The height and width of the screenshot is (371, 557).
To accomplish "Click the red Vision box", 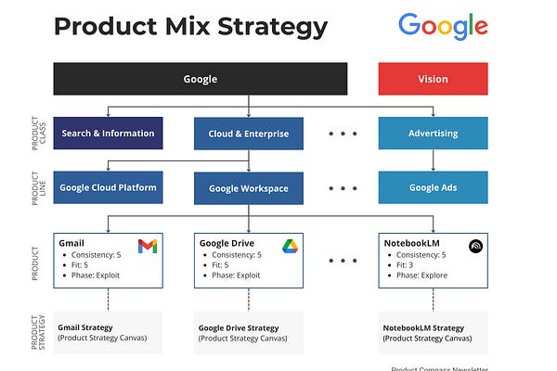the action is [433, 79].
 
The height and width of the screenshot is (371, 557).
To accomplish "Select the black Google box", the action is [200, 79].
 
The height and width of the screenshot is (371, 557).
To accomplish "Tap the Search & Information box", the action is [108, 134].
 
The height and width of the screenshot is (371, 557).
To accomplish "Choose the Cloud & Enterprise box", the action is [248, 134].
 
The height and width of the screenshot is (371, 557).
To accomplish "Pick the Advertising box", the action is [433, 134].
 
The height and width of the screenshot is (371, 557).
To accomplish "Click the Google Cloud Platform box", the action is [108, 187].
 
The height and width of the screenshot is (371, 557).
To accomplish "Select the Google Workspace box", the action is [248, 188].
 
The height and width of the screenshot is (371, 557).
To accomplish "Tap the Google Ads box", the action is [433, 187].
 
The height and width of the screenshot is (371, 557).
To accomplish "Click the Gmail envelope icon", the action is [148, 246].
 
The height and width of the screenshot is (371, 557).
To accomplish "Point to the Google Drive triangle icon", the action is [288, 246].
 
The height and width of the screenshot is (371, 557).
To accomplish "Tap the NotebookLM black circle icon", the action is [475, 247].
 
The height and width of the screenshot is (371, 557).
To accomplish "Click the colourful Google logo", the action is [443, 26].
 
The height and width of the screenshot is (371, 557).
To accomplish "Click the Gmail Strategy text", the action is [85, 326].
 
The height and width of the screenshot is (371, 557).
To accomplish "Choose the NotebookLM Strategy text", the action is [423, 327].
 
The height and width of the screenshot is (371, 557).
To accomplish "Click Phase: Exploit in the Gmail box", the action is [95, 275].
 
